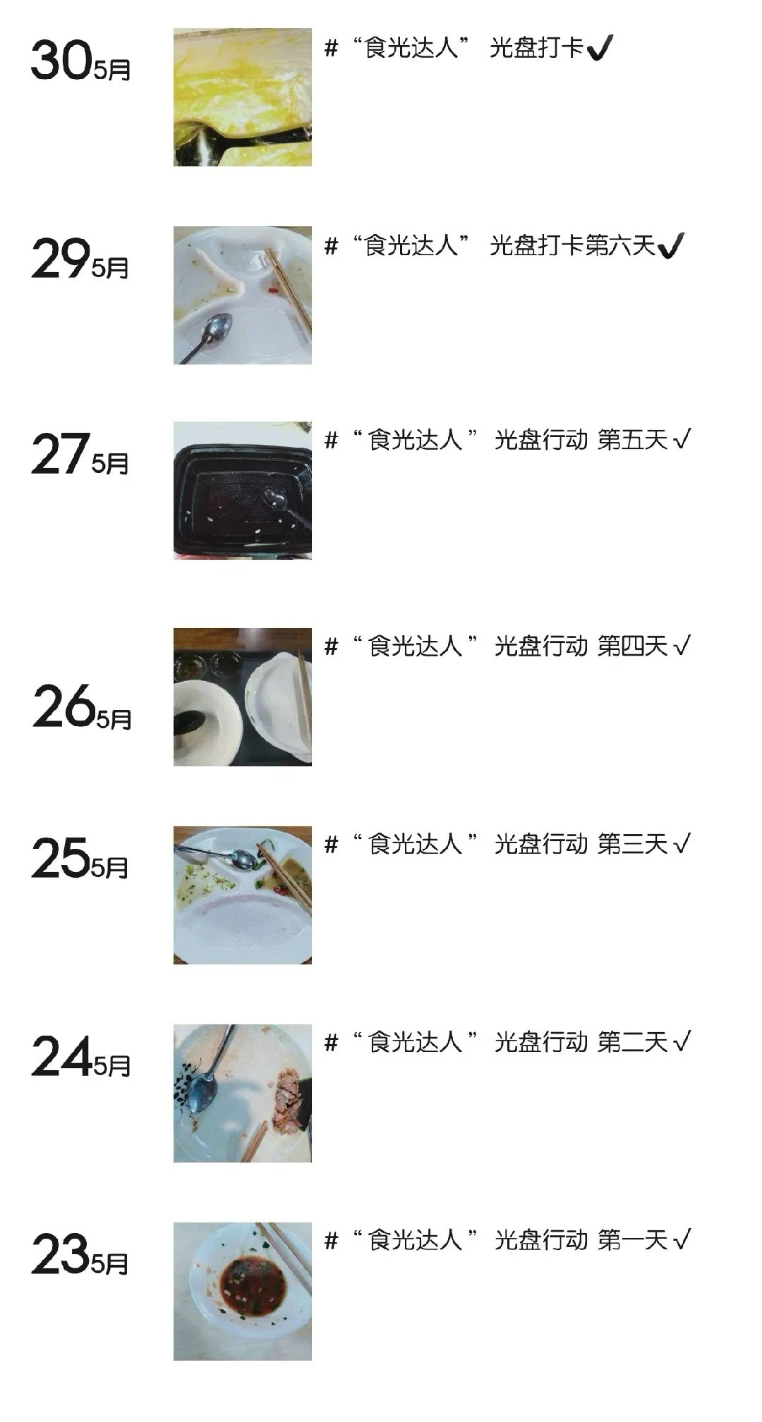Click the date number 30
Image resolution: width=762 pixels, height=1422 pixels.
pyautogui.click(x=61, y=60)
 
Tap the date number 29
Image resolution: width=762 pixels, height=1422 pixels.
pyautogui.click(x=61, y=259)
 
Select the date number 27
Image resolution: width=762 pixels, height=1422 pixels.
pyautogui.click(x=61, y=454)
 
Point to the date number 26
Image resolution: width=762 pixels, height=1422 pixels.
pyautogui.click(x=64, y=706)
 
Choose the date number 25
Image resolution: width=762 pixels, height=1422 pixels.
pyautogui.click(x=61, y=858)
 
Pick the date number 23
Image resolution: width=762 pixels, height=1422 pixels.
pyautogui.click(x=61, y=1254)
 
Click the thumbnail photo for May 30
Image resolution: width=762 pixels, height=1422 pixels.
pyautogui.click(x=243, y=97)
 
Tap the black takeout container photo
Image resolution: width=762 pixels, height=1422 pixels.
pyautogui.click(x=243, y=491)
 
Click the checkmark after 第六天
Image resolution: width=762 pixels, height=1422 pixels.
pyautogui.click(x=670, y=246)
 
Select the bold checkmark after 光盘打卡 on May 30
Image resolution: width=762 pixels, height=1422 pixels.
pyautogui.click(x=600, y=48)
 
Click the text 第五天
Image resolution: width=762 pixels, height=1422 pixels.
pyautogui.click(x=632, y=440)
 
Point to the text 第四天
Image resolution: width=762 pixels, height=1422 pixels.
pyautogui.click(x=632, y=646)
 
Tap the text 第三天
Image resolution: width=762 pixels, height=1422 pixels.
pyautogui.click(x=632, y=844)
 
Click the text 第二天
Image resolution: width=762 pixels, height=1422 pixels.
pyautogui.click(x=632, y=1042)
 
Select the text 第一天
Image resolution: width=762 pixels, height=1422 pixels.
pyautogui.click(x=632, y=1240)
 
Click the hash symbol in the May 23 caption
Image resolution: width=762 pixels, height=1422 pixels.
pyautogui.click(x=332, y=1241)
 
